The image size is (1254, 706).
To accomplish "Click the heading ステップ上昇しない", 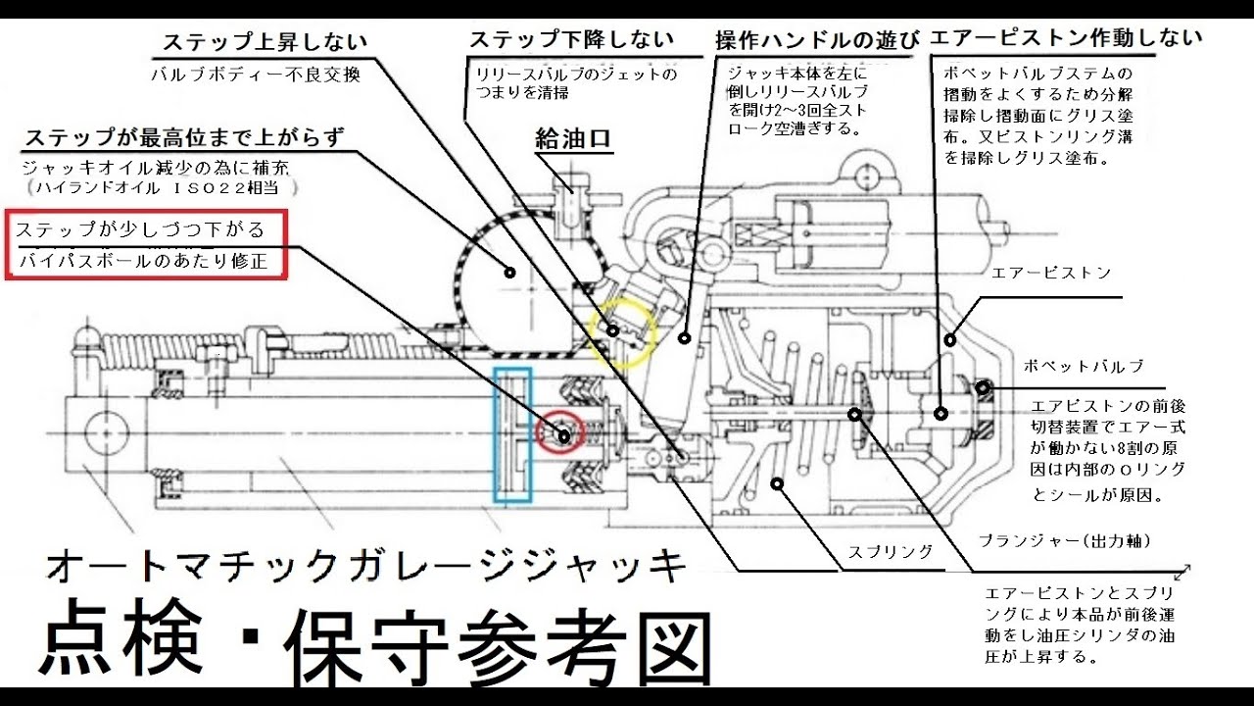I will (265, 43).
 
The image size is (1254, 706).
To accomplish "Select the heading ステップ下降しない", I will (571, 41).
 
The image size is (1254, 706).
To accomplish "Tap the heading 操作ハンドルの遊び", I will (817, 41).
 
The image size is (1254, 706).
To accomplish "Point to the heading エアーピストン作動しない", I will (1065, 39).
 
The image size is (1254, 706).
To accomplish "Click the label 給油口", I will (573, 140).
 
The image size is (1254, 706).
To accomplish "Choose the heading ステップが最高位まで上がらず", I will (185, 137).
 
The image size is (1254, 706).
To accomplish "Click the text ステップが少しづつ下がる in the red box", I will (140, 230).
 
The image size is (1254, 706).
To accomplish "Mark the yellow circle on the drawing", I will (623, 333).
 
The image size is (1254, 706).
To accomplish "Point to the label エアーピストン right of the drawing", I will (1051, 273).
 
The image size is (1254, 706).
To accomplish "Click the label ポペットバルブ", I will (1084, 366).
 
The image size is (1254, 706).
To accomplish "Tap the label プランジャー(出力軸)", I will (1064, 541).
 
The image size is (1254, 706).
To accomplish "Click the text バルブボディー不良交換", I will (256, 75).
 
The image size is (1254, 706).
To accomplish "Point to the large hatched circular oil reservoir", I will (509, 272).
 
